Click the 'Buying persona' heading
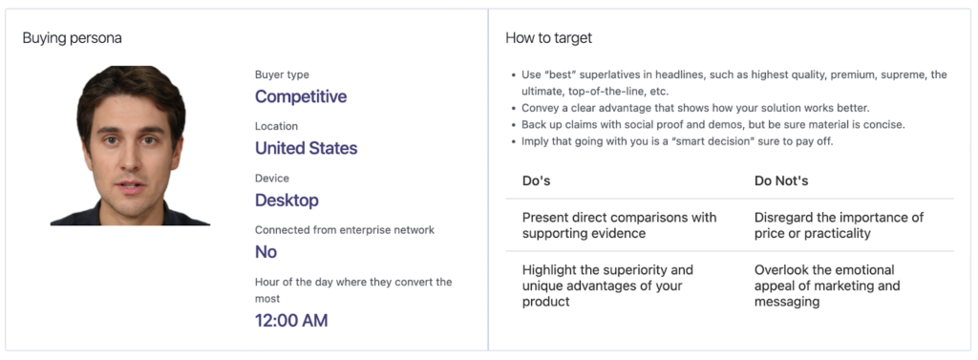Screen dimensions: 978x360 (x=73, y=38)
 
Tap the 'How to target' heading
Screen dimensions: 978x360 (x=549, y=38)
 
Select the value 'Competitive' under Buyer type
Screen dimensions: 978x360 (x=301, y=96)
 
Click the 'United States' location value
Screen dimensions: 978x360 (x=307, y=149)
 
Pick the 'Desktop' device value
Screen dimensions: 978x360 (x=287, y=201)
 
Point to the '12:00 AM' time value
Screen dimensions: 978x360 (x=291, y=321)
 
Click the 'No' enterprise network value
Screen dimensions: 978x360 (x=266, y=252)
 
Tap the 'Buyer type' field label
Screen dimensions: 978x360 (x=282, y=74)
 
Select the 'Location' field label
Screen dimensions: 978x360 (x=276, y=126)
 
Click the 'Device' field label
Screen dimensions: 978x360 (x=272, y=179)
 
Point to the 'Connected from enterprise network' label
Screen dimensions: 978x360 (x=345, y=230)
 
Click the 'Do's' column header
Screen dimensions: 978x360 (x=537, y=180)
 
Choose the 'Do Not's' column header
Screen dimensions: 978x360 (x=781, y=180)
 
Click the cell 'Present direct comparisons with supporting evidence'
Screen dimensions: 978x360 (x=619, y=225)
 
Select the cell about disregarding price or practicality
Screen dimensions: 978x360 (x=839, y=225)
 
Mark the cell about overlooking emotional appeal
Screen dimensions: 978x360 (x=827, y=286)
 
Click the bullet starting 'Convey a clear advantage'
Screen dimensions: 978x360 (x=695, y=108)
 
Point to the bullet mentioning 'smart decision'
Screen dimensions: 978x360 (x=677, y=141)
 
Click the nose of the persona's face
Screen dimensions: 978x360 (x=131, y=162)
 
